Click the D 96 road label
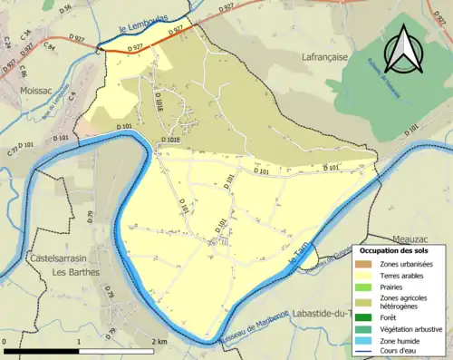65,9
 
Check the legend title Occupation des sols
394,249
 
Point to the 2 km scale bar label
160,341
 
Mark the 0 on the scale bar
5,341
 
